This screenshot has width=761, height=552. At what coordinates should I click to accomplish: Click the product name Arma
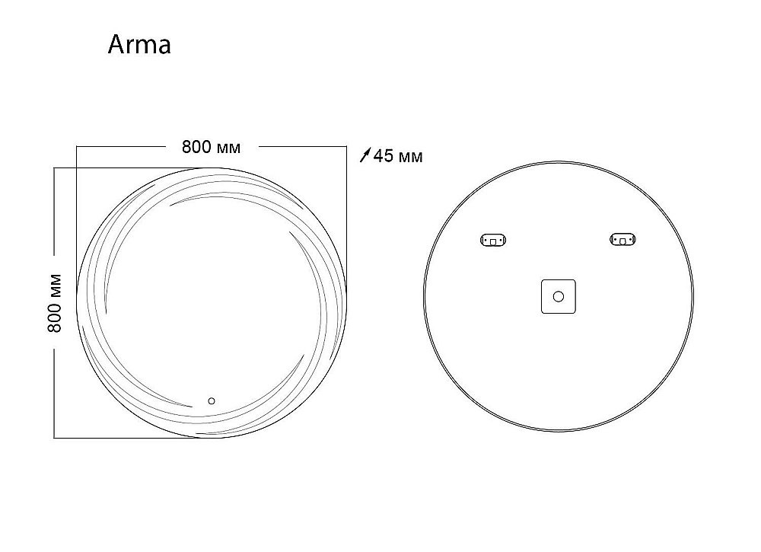[139, 45]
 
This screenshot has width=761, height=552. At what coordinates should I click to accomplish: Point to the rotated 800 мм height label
[55, 302]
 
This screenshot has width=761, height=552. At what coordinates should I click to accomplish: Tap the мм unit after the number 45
[410, 158]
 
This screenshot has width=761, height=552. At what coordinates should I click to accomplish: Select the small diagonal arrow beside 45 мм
[365, 156]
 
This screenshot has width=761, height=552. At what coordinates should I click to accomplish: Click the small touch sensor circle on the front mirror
[212, 400]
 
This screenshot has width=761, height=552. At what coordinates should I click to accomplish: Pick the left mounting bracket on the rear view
[493, 241]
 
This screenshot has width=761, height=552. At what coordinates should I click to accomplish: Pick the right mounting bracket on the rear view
[623, 241]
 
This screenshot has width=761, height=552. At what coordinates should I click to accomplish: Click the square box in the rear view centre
[558, 296]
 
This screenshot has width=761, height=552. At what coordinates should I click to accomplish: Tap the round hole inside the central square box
[558, 296]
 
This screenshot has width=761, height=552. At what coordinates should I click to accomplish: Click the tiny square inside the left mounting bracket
[493, 241]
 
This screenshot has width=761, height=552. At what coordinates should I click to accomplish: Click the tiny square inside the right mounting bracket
[623, 241]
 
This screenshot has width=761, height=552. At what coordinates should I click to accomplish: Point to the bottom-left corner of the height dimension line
[54, 438]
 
